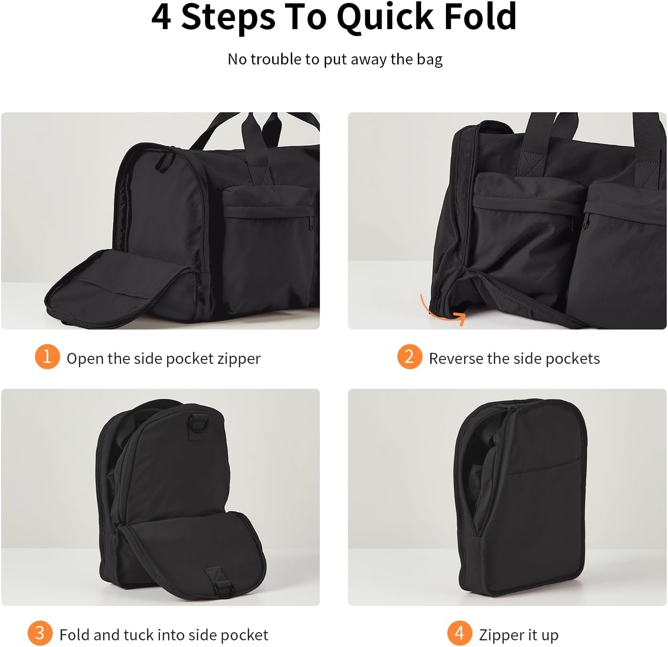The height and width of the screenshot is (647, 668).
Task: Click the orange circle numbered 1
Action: [x=47, y=357]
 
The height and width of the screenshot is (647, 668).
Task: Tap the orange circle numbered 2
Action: [x=410, y=357]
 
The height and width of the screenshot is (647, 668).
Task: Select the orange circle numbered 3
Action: [x=40, y=633]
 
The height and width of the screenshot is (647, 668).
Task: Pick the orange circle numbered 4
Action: [x=460, y=633]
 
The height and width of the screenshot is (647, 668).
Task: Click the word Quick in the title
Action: [x=385, y=17]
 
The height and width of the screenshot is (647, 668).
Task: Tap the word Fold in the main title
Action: [x=480, y=17]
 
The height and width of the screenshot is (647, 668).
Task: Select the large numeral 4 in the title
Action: [x=161, y=17]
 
